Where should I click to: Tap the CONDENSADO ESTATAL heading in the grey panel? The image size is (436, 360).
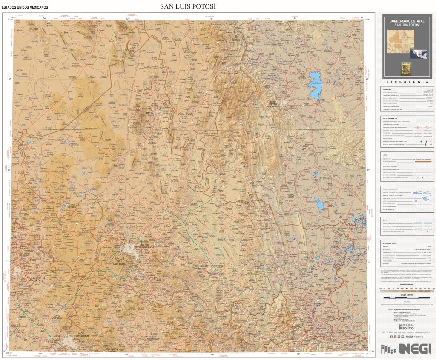tap(407, 20)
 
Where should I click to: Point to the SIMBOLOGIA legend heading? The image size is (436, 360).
tap(407, 81)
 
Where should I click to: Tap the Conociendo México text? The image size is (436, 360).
tap(407, 326)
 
